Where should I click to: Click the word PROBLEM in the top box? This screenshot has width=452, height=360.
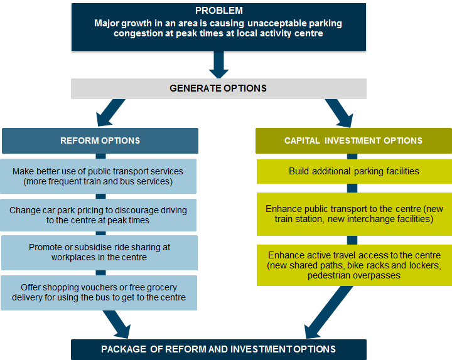tap(218, 11)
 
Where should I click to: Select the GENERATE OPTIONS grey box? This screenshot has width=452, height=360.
tap(218, 88)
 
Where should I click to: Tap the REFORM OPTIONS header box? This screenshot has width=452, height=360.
tap(100, 140)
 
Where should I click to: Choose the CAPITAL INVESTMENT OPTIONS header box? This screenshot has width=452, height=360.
tap(353, 140)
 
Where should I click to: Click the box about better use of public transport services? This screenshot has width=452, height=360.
tap(100, 176)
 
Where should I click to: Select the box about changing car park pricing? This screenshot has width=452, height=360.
tap(100, 215)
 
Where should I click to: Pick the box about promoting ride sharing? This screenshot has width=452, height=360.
tap(100, 252)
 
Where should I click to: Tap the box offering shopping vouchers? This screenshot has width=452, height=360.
tap(100, 292)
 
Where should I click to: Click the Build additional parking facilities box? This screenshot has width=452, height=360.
tap(353, 171)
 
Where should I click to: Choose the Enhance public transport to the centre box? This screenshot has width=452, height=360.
tap(353, 214)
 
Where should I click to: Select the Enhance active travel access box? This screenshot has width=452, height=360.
tap(353, 265)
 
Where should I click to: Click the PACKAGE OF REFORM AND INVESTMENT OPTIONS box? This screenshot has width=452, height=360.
tap(218, 349)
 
